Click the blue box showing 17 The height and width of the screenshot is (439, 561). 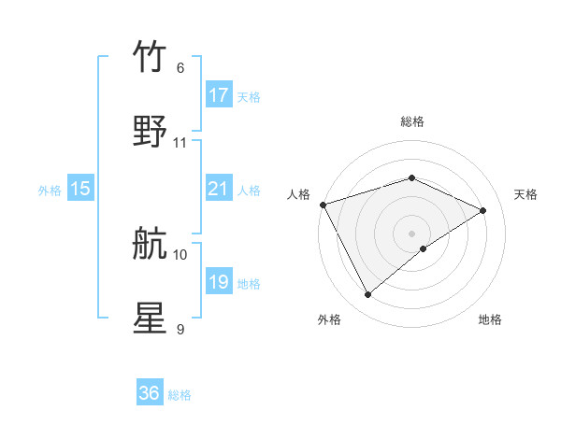click(219, 95)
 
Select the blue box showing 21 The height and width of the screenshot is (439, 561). click(219, 189)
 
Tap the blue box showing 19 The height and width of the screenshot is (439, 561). click(219, 282)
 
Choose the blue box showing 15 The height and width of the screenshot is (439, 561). click(80, 189)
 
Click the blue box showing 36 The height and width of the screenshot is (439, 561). click(150, 393)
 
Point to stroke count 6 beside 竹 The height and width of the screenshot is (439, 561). click(180, 68)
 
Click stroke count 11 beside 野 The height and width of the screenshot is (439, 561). click(180, 143)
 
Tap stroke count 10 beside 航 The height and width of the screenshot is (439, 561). click(180, 254)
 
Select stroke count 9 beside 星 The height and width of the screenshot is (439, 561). click(180, 329)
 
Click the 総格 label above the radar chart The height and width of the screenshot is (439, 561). click(411, 121)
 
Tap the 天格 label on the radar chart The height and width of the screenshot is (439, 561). click(525, 194)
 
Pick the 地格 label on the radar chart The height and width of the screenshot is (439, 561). click(490, 319)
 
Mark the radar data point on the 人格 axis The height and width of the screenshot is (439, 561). click(323, 205)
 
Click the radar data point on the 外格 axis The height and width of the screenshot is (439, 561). click(367, 295)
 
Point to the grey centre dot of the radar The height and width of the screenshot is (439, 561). click(411, 233)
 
